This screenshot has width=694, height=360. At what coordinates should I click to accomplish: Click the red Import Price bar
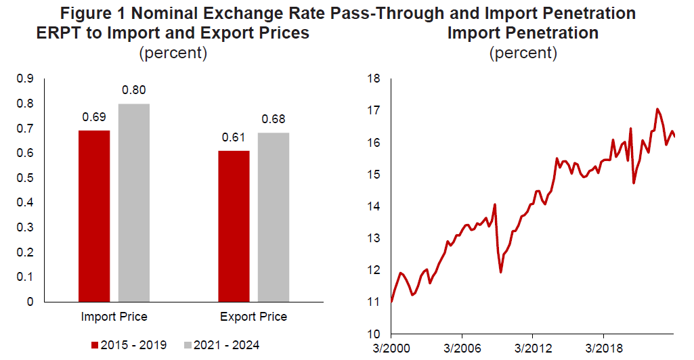(94, 216)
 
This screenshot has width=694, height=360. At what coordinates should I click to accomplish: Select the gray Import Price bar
(133, 202)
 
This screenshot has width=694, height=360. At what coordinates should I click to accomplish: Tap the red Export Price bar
(234, 226)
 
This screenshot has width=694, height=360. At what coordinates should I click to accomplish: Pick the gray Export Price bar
(274, 217)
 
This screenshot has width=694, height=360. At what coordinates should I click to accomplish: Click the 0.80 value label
(133, 90)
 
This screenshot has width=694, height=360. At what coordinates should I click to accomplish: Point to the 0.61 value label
(234, 137)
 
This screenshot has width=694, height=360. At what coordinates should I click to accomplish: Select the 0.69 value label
(94, 117)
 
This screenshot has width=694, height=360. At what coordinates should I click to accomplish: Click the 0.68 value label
(274, 120)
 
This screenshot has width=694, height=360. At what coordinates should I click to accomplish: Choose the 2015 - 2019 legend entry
(129, 345)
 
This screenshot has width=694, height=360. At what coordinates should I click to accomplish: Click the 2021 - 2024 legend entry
(222, 345)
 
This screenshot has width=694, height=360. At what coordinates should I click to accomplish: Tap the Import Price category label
(114, 317)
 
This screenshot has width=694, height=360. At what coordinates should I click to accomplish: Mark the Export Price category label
(253, 317)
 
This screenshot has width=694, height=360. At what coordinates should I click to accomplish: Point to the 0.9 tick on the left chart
(26, 79)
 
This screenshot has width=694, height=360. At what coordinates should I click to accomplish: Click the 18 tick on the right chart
(372, 79)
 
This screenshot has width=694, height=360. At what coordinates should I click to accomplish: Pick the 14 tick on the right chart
(372, 206)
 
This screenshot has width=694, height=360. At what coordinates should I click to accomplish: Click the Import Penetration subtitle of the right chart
(523, 33)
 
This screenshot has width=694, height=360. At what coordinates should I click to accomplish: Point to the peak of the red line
(657, 108)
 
